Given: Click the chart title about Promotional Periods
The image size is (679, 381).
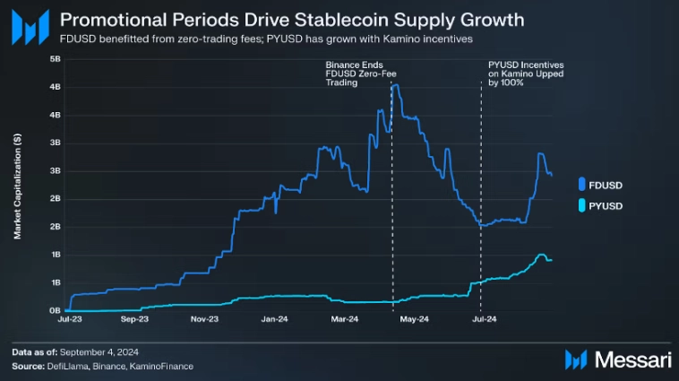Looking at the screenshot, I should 292,19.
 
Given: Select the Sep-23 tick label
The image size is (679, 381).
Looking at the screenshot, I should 133,318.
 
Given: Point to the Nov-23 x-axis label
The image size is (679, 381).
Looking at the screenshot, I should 205,318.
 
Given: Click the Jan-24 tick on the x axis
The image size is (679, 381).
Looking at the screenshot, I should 274,318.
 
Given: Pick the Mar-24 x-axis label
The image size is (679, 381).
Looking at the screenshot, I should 344,318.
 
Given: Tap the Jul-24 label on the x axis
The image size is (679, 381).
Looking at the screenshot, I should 484,318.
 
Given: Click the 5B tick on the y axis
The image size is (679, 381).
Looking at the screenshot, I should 55,59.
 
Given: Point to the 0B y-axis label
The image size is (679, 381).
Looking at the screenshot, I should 55,311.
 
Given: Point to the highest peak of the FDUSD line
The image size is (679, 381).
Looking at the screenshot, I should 395,85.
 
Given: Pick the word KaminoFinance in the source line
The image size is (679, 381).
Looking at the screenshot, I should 164,366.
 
